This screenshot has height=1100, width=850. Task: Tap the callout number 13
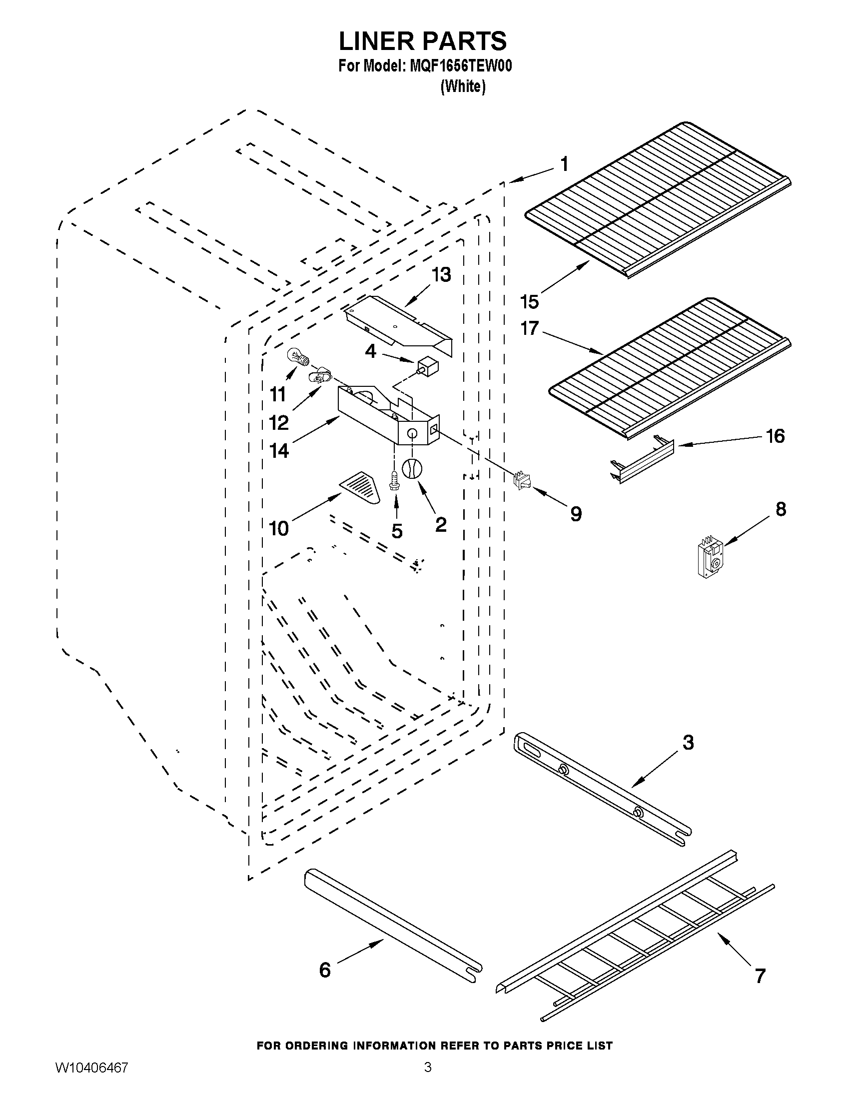[441, 275]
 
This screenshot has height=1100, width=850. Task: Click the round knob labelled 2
[412, 470]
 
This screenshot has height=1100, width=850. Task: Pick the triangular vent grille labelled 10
[360, 487]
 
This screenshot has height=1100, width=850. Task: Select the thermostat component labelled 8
[710, 558]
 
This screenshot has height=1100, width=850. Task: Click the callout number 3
[688, 743]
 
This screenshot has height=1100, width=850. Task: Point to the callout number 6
[325, 970]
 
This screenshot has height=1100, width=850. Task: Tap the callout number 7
[761, 976]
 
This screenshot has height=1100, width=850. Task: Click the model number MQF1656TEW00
[461, 66]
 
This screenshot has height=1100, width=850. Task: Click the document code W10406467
[91, 1082]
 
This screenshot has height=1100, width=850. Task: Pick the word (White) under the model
[463, 86]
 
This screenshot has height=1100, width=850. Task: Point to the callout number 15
[530, 302]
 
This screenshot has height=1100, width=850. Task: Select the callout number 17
[530, 329]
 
